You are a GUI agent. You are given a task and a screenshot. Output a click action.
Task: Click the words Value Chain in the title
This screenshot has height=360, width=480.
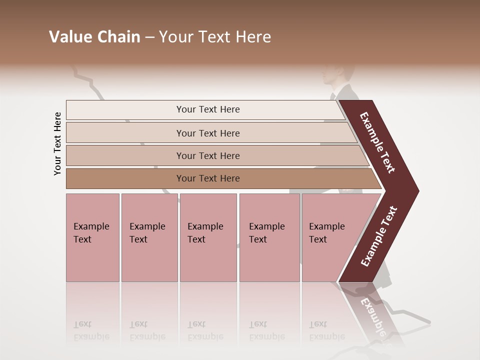(x=94, y=37)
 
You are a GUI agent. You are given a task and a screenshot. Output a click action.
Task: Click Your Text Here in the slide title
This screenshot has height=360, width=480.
(x=215, y=37)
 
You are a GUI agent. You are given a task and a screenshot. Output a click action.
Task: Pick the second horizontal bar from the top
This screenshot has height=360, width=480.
(x=207, y=133)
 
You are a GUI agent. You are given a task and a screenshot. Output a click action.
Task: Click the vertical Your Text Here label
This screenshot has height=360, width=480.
(x=57, y=143)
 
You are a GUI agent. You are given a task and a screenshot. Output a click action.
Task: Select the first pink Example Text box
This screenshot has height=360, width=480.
(x=92, y=237)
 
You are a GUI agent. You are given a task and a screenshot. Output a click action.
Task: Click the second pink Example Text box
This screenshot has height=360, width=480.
(x=149, y=237)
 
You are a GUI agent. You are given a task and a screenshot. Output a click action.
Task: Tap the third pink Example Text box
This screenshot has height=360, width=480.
(x=208, y=237)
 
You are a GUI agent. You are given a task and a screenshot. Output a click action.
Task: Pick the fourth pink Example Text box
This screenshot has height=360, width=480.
(x=269, y=237)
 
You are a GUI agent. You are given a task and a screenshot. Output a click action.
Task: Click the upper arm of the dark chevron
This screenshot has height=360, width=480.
(x=377, y=142)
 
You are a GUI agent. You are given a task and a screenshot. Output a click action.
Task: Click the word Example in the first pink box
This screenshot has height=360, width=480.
(x=91, y=226)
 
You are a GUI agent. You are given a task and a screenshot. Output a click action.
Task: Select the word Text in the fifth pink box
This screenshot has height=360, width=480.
(x=317, y=239)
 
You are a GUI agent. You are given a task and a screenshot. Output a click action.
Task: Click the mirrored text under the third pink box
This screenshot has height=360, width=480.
(x=205, y=330)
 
